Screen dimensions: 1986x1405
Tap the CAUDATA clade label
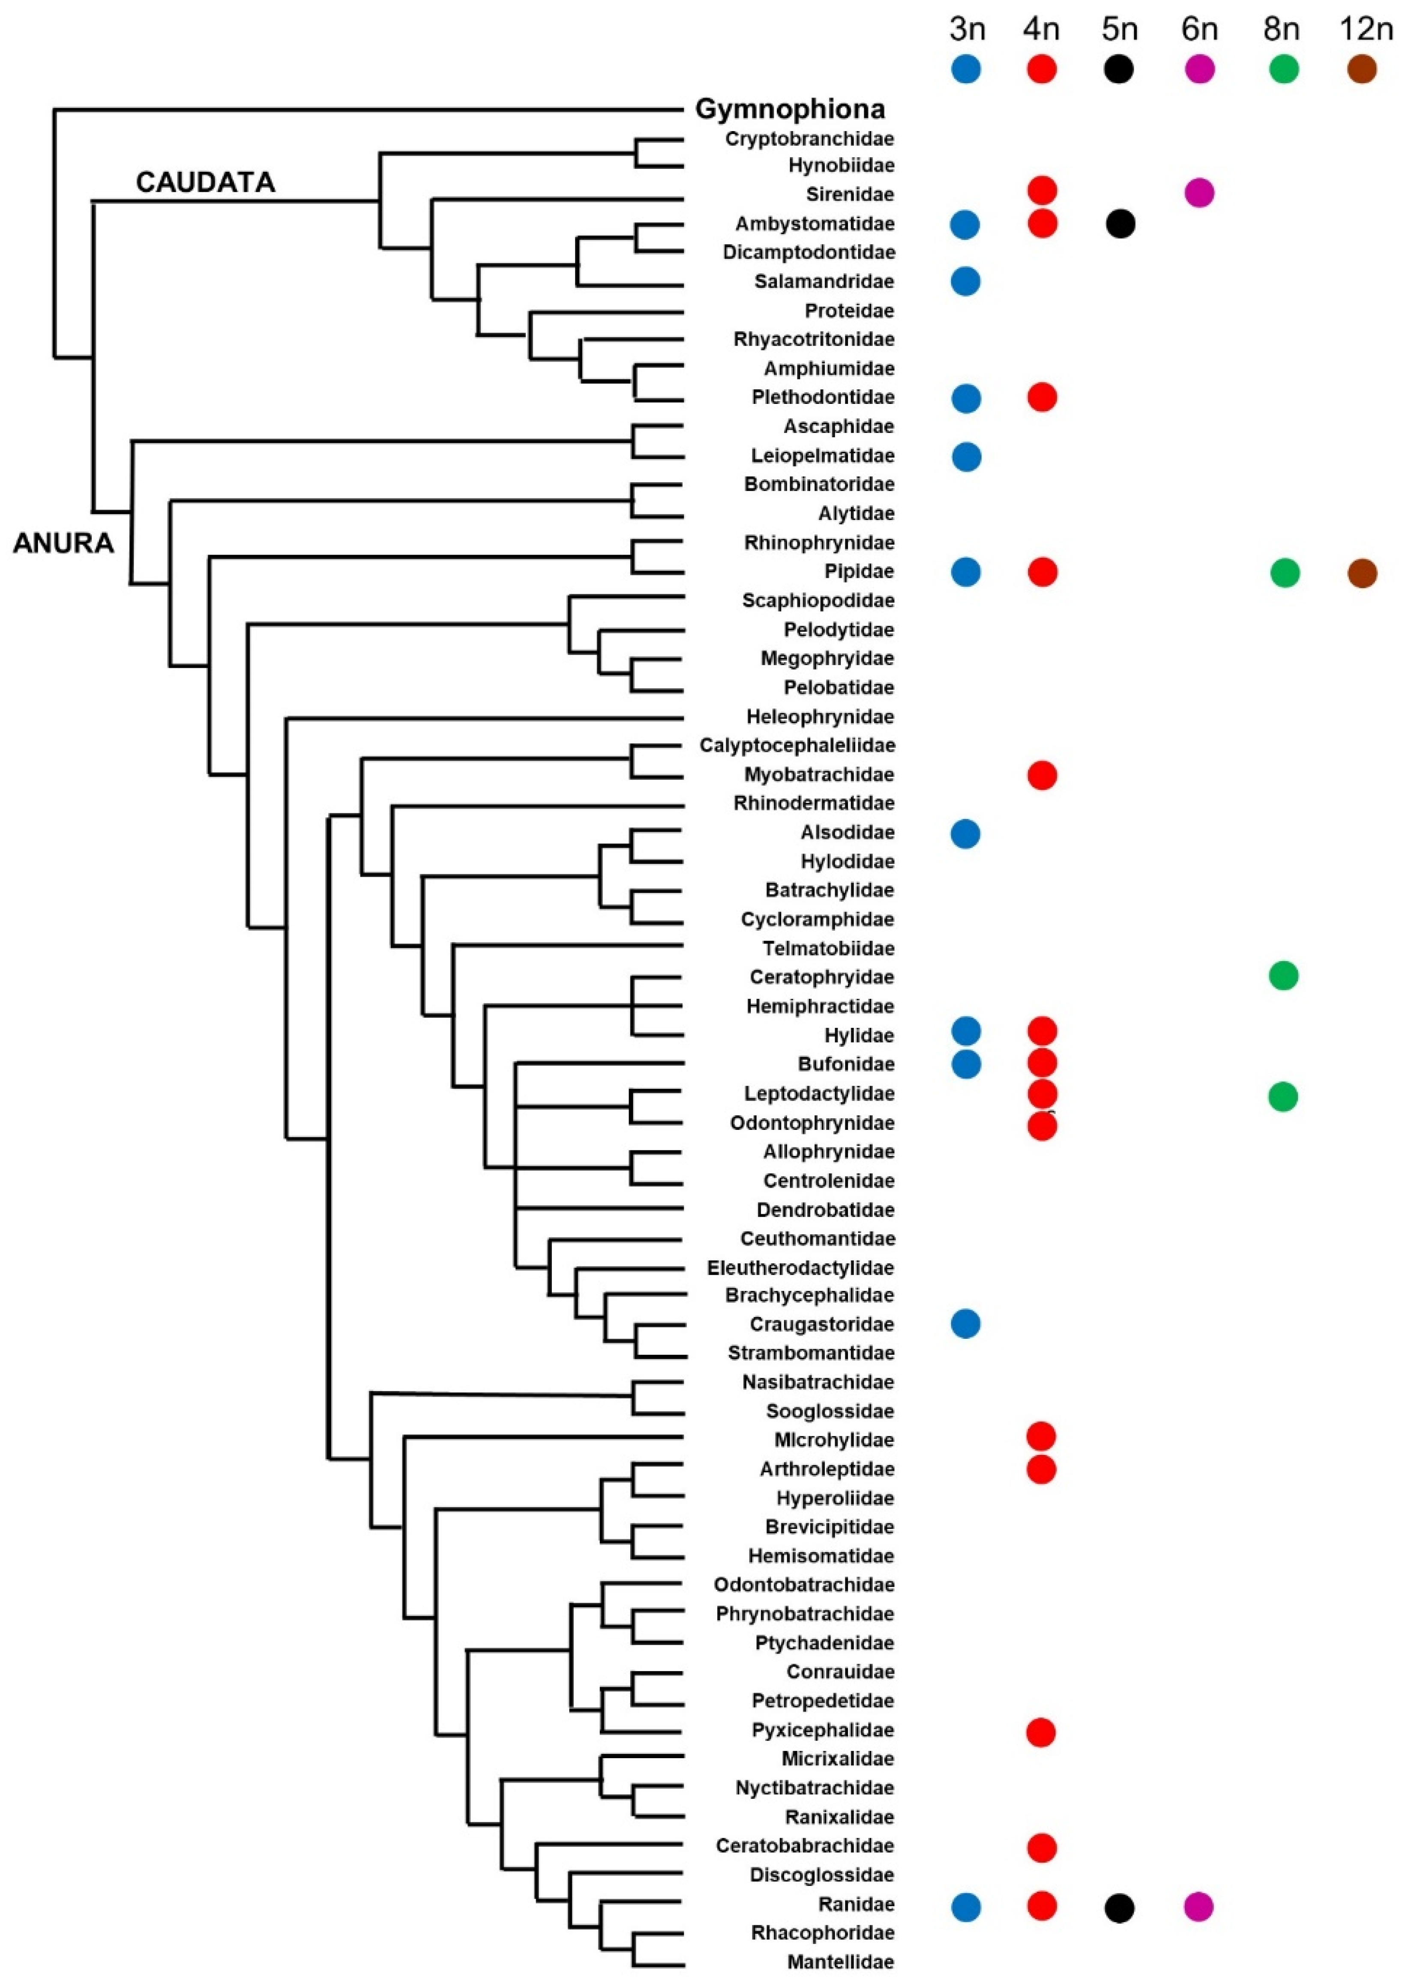pyautogui.click(x=205, y=182)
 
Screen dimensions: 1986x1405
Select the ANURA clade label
pyautogui.click(x=63, y=543)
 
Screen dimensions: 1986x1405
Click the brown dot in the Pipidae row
pyautogui.click(x=1362, y=573)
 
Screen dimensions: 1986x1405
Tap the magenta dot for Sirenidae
pyautogui.click(x=1199, y=192)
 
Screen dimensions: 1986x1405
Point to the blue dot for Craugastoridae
pyautogui.click(x=965, y=1323)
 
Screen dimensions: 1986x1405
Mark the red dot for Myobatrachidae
pyautogui.click(x=1042, y=775)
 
